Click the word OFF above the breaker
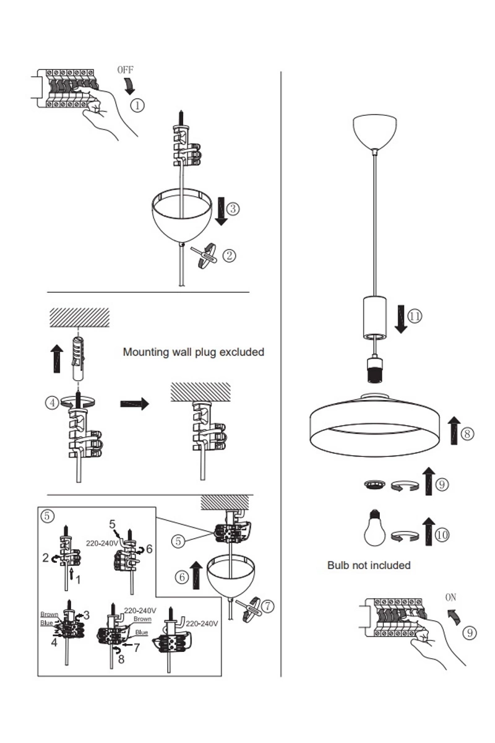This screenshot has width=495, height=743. pos(125,70)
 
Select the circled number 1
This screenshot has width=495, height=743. pos(137,105)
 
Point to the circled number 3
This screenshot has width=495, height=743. pos(232,209)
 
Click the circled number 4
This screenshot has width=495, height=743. pos(53,402)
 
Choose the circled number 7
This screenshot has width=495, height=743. pos(267,606)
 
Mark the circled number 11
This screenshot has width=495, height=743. pos(415,315)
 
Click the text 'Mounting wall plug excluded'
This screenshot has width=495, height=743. pos(194,352)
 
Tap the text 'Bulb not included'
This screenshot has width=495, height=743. pos(369,565)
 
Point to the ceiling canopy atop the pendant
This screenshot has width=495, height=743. pos(375,131)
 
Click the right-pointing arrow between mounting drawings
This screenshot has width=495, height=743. pos(134,404)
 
